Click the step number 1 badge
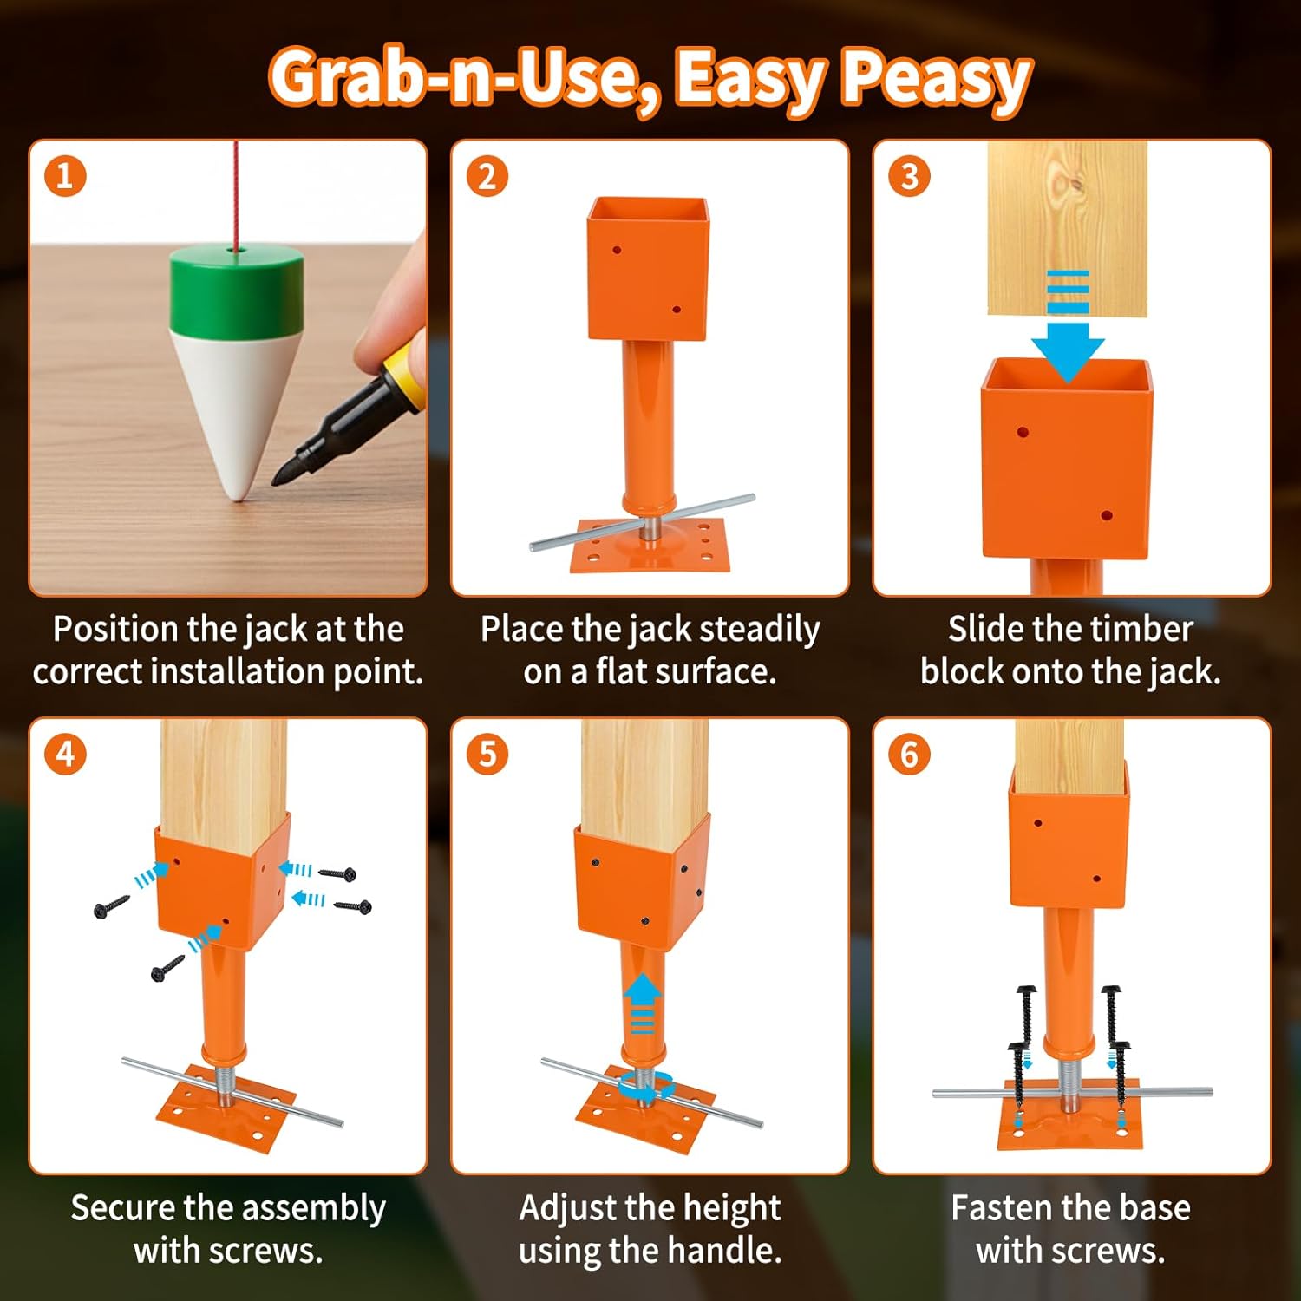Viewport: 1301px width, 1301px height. [x=65, y=176]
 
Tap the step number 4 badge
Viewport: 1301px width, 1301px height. [x=65, y=754]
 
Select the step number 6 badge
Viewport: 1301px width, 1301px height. [x=909, y=754]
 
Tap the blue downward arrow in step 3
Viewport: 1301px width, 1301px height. [x=1068, y=347]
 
